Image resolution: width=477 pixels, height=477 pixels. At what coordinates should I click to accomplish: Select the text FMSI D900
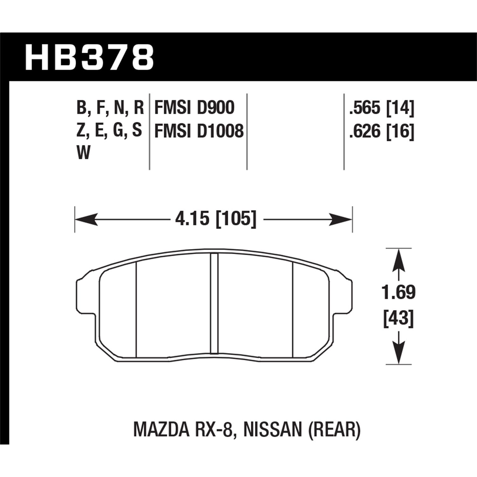coord(194,107)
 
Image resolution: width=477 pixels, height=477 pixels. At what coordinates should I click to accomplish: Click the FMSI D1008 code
coord(199,131)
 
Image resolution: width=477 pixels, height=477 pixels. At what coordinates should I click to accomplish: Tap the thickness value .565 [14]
coord(382,107)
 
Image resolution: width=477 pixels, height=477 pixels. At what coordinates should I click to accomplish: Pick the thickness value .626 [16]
coord(382,131)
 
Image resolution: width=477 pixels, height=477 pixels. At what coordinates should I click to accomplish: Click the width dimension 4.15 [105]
coord(216,219)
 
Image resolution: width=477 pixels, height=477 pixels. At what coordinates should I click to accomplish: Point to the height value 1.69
coord(399,293)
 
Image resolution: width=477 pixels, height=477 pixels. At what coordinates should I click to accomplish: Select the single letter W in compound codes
coord(83,154)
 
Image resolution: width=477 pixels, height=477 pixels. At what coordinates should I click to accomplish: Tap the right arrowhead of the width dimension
coord(342,219)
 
